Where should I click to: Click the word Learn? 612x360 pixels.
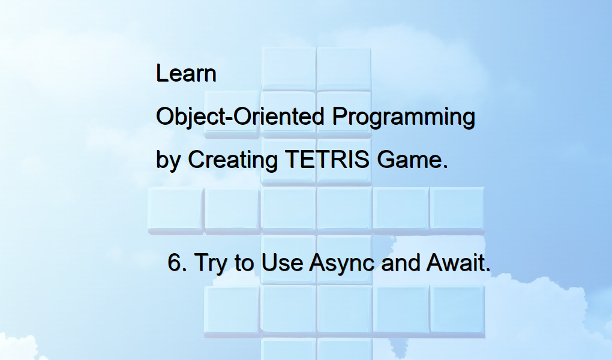click(x=186, y=74)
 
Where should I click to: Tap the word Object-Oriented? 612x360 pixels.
click(x=241, y=117)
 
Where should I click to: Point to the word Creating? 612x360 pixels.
click(x=233, y=161)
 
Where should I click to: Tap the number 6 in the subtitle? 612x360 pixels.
click(x=175, y=263)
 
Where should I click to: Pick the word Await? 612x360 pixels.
click(x=458, y=263)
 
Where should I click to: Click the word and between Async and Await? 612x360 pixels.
click(x=400, y=263)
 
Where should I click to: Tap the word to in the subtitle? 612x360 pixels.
click(x=244, y=263)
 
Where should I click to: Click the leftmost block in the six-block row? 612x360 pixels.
click(x=175, y=209)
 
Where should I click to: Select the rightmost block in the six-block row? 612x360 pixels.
click(x=457, y=209)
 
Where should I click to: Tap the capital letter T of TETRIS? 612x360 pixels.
click(x=290, y=160)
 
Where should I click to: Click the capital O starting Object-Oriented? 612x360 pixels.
click(x=164, y=116)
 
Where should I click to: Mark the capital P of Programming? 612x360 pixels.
click(x=340, y=116)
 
